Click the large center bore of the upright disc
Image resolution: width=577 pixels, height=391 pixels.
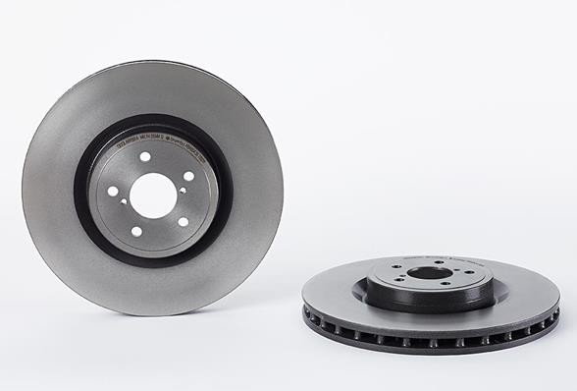point(153,195)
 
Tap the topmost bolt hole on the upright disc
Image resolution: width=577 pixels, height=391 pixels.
point(145,156)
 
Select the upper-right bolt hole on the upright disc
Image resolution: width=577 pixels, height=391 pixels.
point(188,176)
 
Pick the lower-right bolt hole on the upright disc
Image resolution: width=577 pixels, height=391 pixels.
point(184,222)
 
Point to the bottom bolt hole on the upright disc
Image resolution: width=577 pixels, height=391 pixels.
point(136,232)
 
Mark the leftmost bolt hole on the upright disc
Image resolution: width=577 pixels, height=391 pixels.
point(113,192)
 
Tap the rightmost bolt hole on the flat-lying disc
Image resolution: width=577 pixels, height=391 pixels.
point(469,272)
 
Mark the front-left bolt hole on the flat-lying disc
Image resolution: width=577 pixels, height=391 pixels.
point(398,279)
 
